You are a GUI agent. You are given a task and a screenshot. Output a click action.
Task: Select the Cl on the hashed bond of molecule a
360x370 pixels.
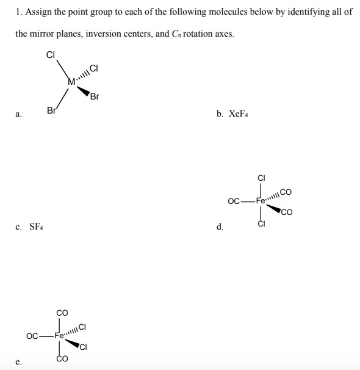click(x=94, y=68)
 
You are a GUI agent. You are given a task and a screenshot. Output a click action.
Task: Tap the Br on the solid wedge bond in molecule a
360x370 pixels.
click(x=95, y=96)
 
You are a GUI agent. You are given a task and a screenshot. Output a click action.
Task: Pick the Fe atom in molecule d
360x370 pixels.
click(x=262, y=200)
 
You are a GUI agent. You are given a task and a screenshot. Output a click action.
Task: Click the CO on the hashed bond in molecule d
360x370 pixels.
click(x=286, y=192)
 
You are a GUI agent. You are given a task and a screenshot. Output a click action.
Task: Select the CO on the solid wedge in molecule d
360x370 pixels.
click(x=286, y=213)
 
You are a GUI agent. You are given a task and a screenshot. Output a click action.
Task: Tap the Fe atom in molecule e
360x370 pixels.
click(x=61, y=335)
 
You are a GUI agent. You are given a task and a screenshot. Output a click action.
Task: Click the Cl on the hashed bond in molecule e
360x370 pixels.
click(x=85, y=327)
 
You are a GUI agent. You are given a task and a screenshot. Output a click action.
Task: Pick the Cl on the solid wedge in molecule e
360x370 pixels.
click(x=85, y=349)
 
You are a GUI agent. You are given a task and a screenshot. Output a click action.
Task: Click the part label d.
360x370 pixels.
click(x=218, y=228)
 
